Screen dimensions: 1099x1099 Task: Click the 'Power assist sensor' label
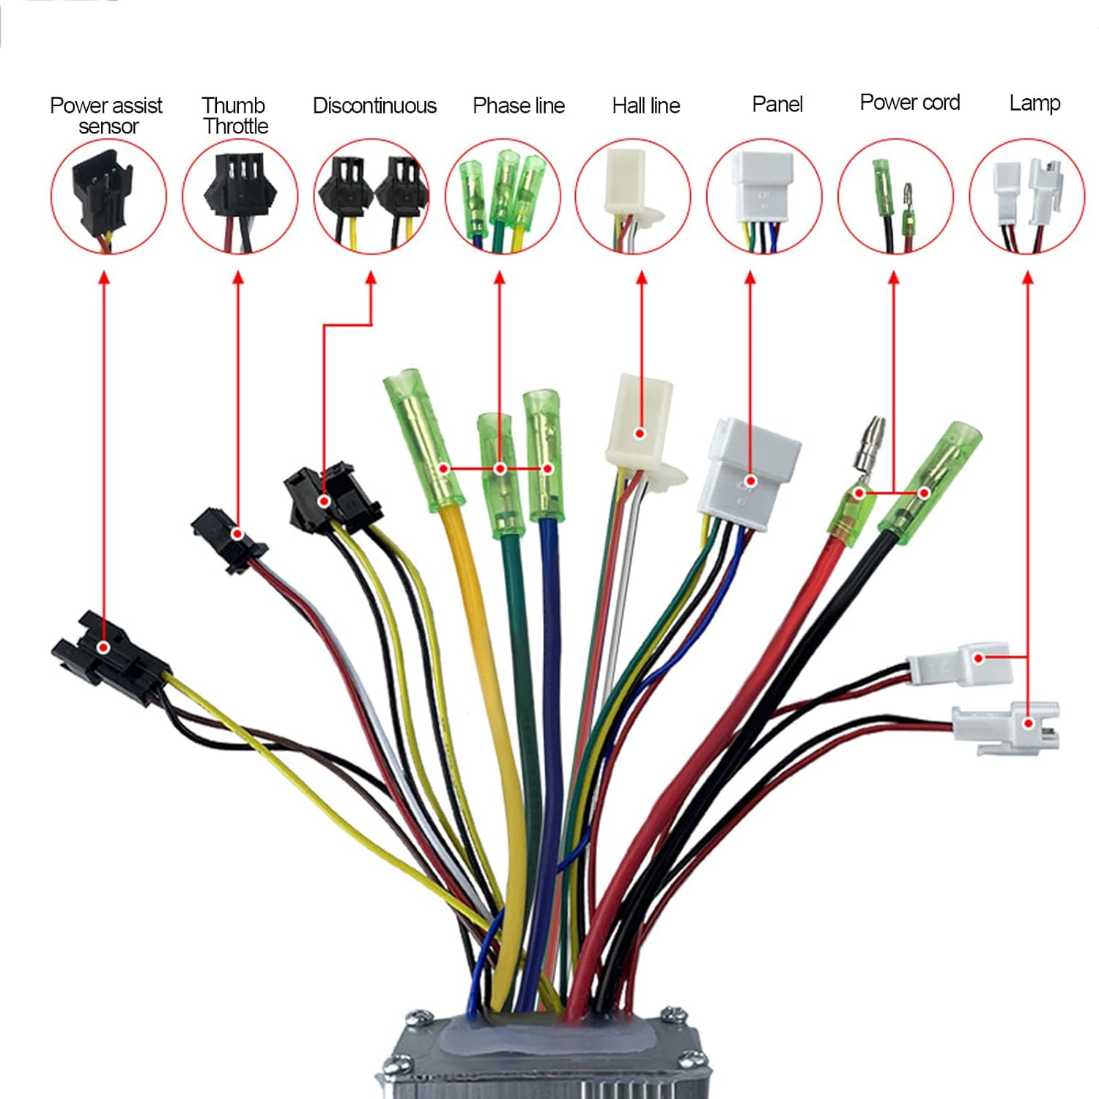click(106, 116)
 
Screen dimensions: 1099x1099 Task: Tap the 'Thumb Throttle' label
click(235, 116)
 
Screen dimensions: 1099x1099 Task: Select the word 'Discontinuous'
click(374, 106)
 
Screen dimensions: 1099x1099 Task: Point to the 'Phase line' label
click(519, 106)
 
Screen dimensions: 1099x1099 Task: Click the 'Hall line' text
click(646, 106)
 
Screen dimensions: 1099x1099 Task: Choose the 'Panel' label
click(777, 105)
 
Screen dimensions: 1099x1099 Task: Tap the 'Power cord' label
click(910, 103)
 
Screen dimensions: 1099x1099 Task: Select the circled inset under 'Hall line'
click(633, 196)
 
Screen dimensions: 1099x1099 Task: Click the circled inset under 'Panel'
click(764, 196)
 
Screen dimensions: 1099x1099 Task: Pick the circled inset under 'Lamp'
click(1027, 196)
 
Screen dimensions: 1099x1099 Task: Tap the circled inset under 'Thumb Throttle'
click(240, 196)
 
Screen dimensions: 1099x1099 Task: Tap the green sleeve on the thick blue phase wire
click(543, 456)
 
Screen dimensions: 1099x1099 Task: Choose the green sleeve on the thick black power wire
click(929, 478)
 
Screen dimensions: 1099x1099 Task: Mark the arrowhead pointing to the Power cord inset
click(894, 279)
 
